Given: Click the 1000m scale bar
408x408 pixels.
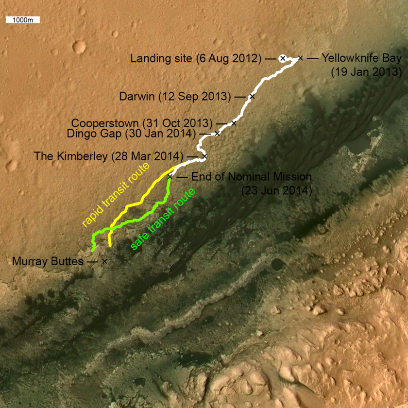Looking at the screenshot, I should tap(22, 20).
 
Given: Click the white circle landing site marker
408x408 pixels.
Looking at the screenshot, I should tap(282, 58).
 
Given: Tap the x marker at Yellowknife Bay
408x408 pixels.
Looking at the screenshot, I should tap(300, 58).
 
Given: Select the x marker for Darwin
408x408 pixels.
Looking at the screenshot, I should tap(252, 97).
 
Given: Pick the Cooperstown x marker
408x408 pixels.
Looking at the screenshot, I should tap(234, 123).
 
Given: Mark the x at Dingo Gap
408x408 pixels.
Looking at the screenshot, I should tap(217, 133).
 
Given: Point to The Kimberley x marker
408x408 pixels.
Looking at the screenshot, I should tap(204, 156).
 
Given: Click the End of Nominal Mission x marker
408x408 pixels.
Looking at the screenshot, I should tap(170, 176).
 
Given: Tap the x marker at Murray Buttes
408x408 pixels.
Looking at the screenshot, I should tap(104, 261).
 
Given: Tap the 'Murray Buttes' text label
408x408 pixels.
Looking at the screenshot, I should tap(47, 262).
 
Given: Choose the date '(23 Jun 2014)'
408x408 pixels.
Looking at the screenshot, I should tap(276, 190).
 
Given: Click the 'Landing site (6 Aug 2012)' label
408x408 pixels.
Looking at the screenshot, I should tap(196, 59).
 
